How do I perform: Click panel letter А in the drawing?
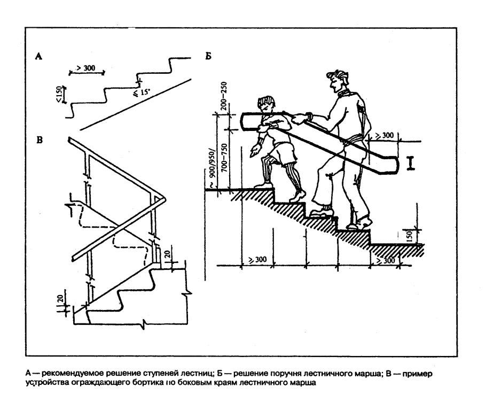coord(39,56)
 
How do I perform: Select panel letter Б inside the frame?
coord(208,56)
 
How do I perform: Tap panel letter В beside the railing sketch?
coord(40,140)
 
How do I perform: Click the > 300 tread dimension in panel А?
coord(86,68)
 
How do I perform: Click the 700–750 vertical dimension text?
coord(224,158)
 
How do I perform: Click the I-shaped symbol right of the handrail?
coord(411,163)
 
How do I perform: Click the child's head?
coord(266,105)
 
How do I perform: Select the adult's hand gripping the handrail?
coord(302,118)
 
